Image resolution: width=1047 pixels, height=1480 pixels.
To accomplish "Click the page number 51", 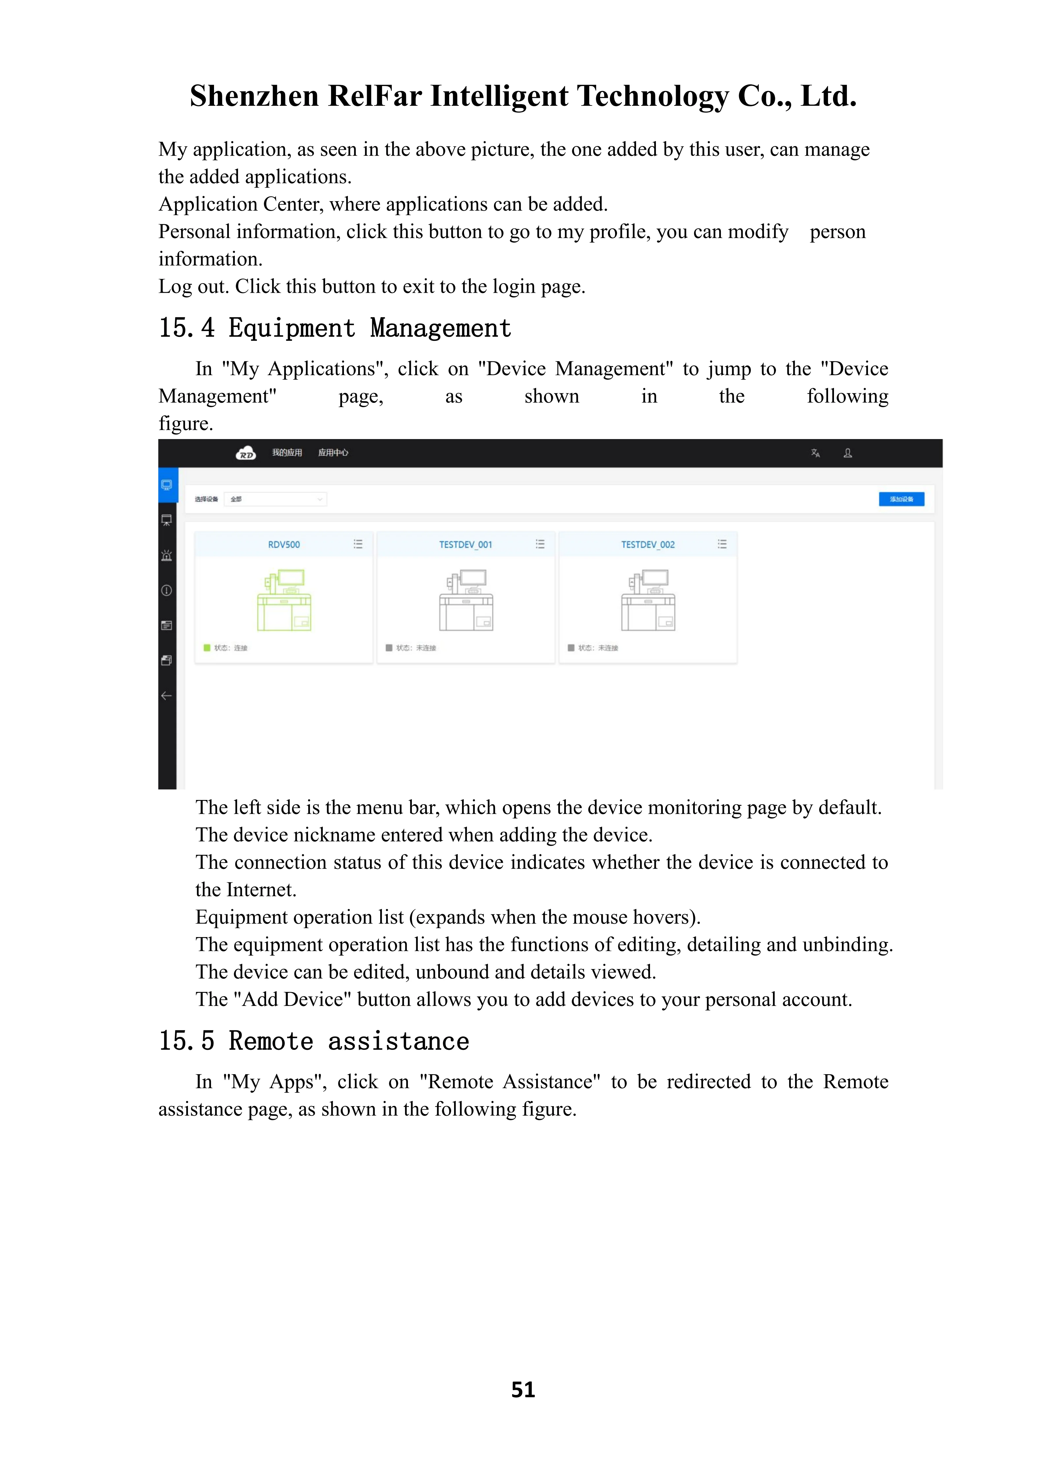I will [523, 1390].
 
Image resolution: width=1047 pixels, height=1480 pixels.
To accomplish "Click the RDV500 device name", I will [284, 545].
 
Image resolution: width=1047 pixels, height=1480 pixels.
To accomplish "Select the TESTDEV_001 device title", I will [466, 545].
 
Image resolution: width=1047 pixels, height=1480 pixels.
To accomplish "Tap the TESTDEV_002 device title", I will [648, 545].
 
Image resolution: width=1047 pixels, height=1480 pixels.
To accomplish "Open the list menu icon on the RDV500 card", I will [358, 545].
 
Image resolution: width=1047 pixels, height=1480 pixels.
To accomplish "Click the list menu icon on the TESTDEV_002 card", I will [722, 545].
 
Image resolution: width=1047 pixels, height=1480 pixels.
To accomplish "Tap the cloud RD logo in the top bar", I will [246, 453].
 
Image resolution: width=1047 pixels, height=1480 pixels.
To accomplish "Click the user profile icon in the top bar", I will [848, 453].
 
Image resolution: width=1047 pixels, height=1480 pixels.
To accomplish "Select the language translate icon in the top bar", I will [816, 453].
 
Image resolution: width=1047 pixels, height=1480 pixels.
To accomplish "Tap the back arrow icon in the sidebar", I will [166, 696].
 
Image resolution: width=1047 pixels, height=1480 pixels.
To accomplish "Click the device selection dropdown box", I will [275, 499].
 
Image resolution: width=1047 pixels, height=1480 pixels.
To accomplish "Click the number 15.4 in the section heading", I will [186, 328].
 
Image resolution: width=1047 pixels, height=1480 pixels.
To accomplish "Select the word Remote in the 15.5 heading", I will [271, 1041].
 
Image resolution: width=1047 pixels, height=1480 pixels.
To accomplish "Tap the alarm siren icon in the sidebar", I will [166, 555].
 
